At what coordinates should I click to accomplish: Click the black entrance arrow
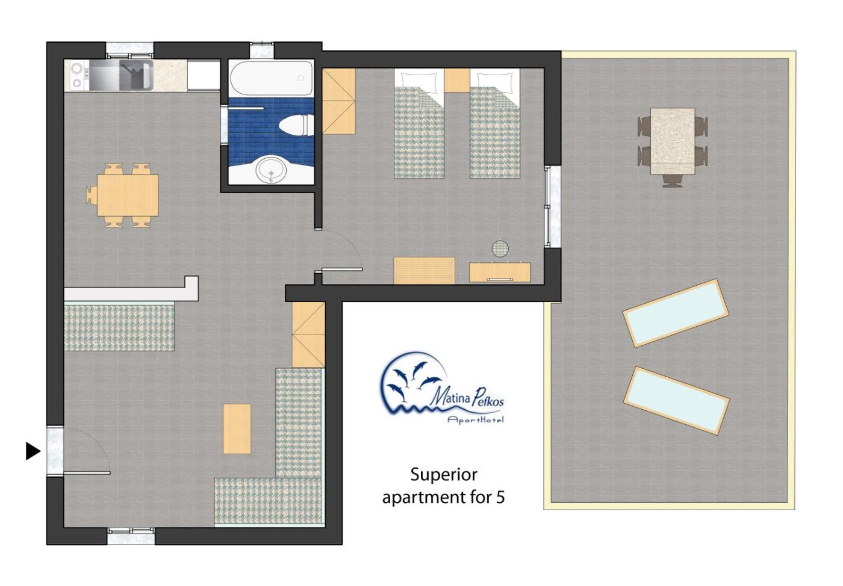point(33,451)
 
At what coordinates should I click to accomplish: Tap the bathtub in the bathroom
point(271,78)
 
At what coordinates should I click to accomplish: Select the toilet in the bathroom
point(296,125)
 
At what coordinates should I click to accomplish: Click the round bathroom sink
point(271,170)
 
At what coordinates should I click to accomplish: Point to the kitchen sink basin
point(136,75)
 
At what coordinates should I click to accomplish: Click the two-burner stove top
point(76,76)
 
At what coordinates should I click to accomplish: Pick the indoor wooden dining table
point(128,195)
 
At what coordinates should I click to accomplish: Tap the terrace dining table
point(673,141)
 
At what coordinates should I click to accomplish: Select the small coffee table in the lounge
point(237,429)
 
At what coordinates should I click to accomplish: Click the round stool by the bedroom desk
point(500,248)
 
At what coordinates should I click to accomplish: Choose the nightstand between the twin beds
point(457,80)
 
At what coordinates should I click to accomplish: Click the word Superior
point(444,475)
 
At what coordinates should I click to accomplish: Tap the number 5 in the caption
point(500,497)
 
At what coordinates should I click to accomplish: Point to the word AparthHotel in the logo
point(475,420)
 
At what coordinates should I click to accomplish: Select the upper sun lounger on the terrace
point(676,313)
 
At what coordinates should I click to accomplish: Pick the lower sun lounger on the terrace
point(676,401)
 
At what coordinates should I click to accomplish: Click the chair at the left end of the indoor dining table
point(91,196)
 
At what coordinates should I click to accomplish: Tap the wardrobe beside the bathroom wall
point(338,101)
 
